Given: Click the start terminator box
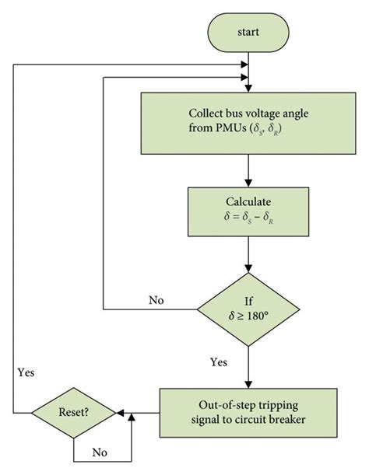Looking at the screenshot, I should [x=247, y=33].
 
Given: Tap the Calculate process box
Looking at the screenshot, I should [x=247, y=210].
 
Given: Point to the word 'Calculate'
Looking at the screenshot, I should [x=247, y=201].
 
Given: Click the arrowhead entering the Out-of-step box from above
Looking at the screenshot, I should [x=247, y=383].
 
